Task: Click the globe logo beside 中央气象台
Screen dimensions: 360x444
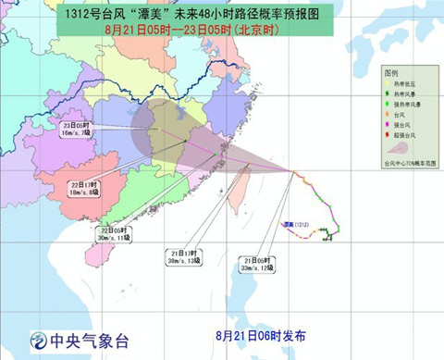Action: (x=38, y=340)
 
